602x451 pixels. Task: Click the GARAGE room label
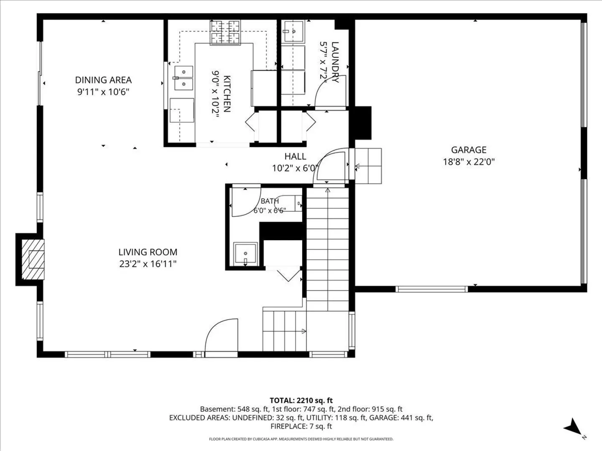[x=469, y=150]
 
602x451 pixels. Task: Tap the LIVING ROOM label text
[x=148, y=252]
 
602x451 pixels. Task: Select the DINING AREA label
[x=103, y=80]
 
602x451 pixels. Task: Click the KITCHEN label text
[x=227, y=94]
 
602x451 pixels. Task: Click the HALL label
[x=295, y=156]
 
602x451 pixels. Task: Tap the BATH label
[x=270, y=201]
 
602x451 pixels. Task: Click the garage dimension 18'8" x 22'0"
[x=469, y=162]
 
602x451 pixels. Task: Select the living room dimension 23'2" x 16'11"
[x=148, y=264]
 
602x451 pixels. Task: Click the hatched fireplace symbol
[x=33, y=259]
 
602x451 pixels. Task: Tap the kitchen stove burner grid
[x=225, y=32]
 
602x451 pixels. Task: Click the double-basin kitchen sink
[x=184, y=78]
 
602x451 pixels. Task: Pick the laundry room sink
[x=293, y=31]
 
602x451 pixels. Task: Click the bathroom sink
[x=245, y=254]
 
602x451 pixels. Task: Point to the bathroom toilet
[x=288, y=203]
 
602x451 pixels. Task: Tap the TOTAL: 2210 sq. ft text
[x=301, y=400]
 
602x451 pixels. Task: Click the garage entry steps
[x=368, y=166]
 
